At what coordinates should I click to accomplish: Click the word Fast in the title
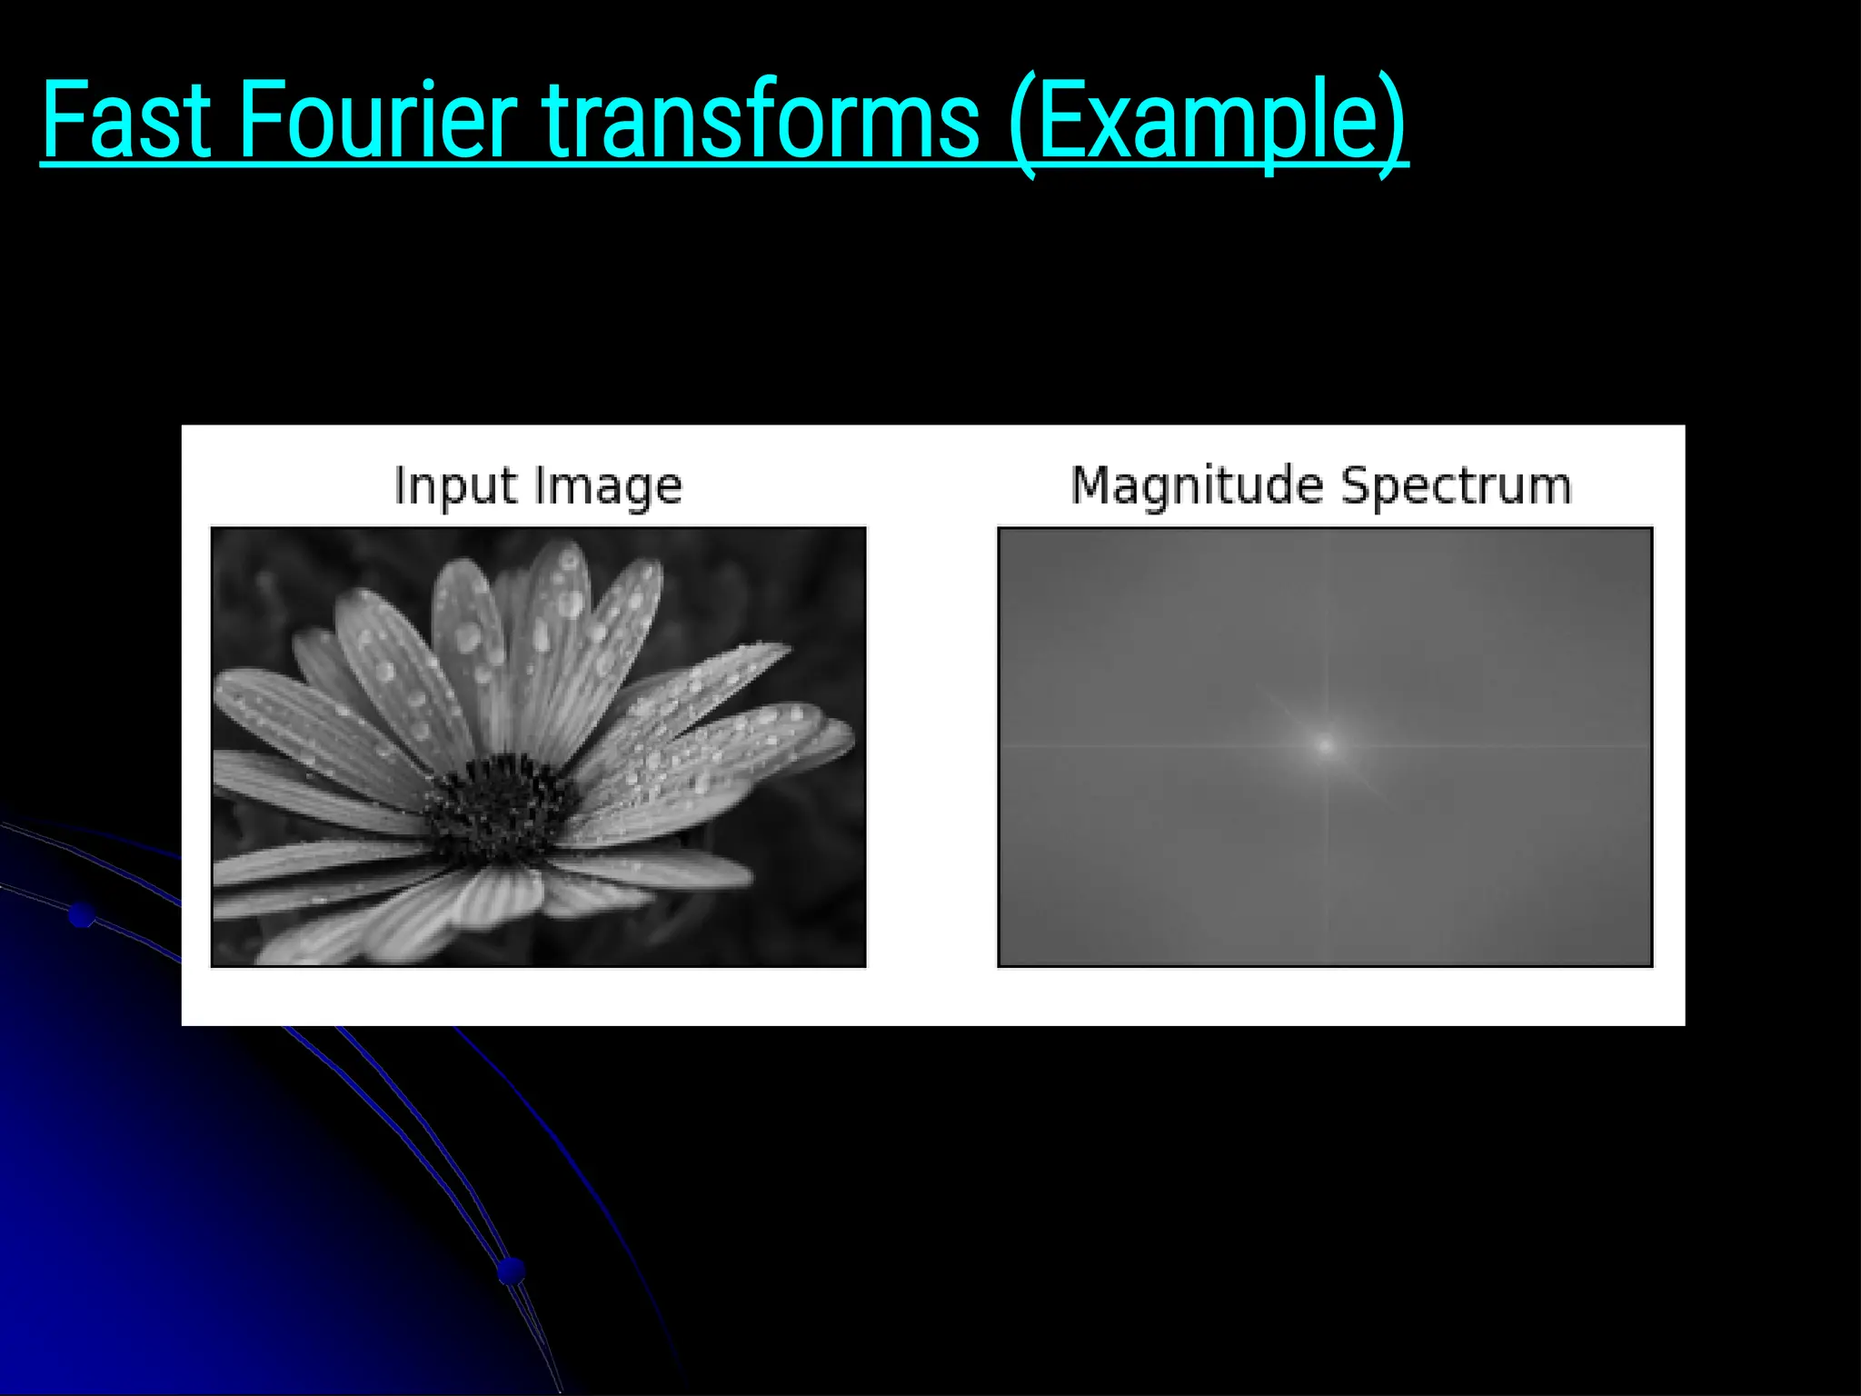click(126, 120)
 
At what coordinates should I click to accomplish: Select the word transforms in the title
click(761, 120)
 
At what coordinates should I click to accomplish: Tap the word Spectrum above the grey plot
click(1457, 485)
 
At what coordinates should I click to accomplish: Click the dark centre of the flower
click(499, 804)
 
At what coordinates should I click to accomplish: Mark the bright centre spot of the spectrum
click(1325, 746)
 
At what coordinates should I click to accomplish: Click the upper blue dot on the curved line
click(82, 915)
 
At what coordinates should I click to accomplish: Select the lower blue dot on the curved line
click(512, 1269)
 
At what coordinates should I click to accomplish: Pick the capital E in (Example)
click(1060, 120)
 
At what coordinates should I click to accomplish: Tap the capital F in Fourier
click(260, 120)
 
